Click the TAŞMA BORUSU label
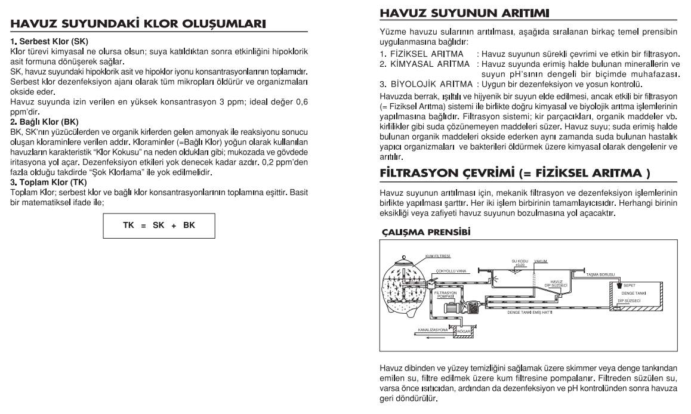(x=600, y=274)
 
